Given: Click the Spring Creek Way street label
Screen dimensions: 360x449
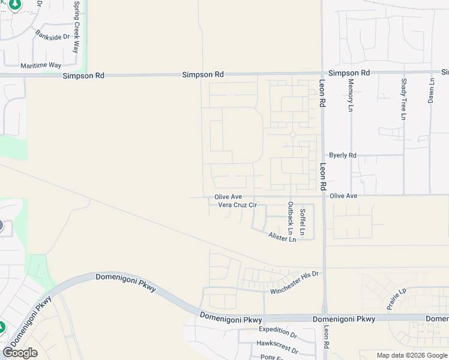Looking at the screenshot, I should pyautogui.click(x=76, y=27).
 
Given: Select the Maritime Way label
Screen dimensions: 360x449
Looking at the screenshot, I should pyautogui.click(x=41, y=65).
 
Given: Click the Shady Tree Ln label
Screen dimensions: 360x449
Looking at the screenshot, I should pyautogui.click(x=403, y=98).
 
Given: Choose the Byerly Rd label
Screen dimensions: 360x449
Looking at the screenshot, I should pyautogui.click(x=343, y=155).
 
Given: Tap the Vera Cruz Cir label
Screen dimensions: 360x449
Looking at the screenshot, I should pyautogui.click(x=237, y=205).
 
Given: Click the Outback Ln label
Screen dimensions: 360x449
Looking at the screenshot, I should pyautogui.click(x=291, y=217).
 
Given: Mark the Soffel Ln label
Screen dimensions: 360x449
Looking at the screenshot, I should pyautogui.click(x=303, y=221).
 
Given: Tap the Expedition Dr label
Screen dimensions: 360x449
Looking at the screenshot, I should pyautogui.click(x=278, y=330).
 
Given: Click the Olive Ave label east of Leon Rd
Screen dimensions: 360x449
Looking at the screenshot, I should pyautogui.click(x=343, y=196).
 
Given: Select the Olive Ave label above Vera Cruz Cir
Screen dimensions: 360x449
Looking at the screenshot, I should pyautogui.click(x=228, y=197).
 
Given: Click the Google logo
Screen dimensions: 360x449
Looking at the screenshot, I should pyautogui.click(x=20, y=353).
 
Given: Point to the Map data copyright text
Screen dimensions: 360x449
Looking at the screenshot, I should pyautogui.click(x=412, y=355).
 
